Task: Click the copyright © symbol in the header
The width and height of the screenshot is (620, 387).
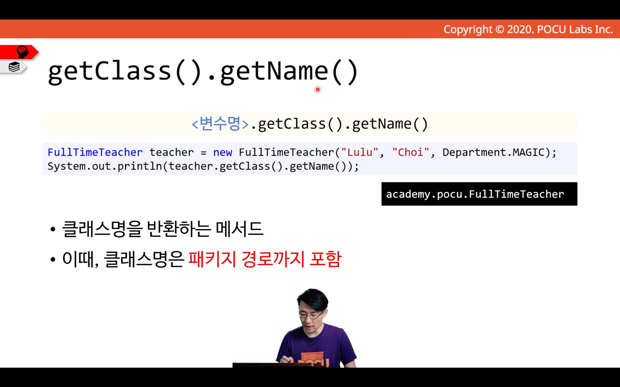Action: (499, 29)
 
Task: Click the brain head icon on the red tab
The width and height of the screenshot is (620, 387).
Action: (23, 52)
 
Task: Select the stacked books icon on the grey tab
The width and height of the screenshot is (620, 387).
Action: (14, 67)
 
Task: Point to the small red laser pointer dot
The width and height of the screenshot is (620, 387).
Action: (317, 89)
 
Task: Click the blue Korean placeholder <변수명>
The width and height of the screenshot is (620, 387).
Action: (220, 124)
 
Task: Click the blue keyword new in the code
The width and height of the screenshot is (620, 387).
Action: (223, 152)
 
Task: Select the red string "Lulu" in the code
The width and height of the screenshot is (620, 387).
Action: (360, 152)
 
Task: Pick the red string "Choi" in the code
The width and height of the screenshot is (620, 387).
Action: (411, 152)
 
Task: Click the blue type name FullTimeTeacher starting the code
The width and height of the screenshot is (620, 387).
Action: (95, 152)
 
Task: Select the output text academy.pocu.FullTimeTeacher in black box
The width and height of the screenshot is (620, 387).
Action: (475, 195)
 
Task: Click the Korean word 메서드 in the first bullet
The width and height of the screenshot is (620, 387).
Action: (239, 229)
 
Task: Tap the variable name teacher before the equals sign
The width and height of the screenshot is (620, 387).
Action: (171, 152)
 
